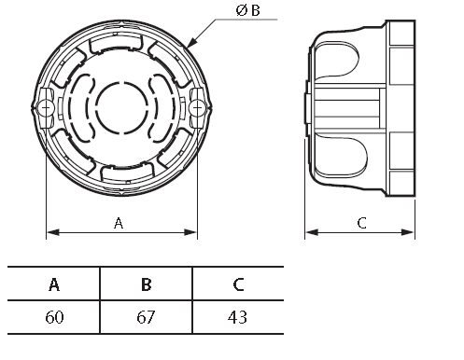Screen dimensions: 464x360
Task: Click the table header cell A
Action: click(54, 284)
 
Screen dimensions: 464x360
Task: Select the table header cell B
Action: click(146, 284)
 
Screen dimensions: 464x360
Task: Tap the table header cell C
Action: click(238, 284)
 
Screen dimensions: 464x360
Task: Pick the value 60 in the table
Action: click(54, 317)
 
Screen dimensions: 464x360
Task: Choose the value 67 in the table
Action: click(146, 317)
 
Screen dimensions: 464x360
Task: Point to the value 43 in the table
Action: click(237, 317)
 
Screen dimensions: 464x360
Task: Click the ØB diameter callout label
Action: click(247, 10)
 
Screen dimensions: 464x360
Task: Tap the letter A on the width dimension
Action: click(119, 223)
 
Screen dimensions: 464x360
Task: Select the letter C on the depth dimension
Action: click(361, 223)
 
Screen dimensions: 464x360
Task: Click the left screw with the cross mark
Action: click(46, 108)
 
